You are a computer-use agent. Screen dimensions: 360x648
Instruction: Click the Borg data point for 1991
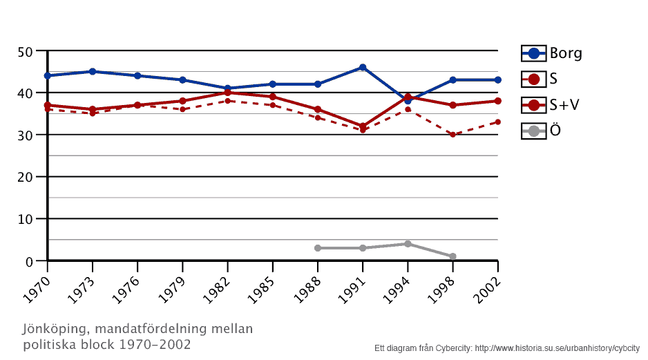point(363,67)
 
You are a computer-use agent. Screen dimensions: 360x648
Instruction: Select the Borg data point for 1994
point(408,101)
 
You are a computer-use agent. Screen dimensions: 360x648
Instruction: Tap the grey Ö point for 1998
point(452,256)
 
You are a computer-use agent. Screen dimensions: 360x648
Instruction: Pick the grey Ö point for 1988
point(318,248)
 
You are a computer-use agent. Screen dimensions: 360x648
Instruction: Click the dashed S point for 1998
point(452,135)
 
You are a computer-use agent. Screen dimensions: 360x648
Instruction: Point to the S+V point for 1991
point(363,126)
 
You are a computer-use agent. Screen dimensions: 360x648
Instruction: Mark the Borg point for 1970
point(48,75)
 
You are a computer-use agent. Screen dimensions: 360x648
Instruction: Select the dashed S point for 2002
point(497,122)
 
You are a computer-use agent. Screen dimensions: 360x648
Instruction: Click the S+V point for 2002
point(497,101)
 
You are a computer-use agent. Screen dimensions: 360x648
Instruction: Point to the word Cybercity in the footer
point(454,348)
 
